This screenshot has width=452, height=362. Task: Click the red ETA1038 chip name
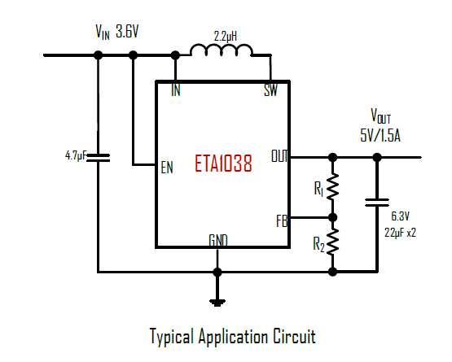tap(223, 164)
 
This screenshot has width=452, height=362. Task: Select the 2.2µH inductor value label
tap(225, 37)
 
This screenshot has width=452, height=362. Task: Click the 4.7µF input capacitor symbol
tap(99, 158)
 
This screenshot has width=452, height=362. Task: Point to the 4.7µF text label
tap(76, 156)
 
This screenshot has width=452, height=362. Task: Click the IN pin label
tap(176, 90)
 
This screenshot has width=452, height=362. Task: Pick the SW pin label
tap(270, 90)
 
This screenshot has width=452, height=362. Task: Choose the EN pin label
tap(167, 168)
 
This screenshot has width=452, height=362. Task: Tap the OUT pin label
tap(279, 156)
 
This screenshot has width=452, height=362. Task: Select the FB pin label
tap(282, 221)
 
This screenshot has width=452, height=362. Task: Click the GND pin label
tap(218, 241)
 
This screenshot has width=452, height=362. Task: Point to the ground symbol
tap(217, 303)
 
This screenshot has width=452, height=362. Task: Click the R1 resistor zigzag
tap(332, 186)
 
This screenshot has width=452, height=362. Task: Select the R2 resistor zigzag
tap(332, 242)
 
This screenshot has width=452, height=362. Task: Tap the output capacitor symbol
tap(377, 203)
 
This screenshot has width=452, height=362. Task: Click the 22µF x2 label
tap(400, 233)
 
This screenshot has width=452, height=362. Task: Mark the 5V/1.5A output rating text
tap(380, 135)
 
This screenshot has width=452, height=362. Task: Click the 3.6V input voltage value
tap(127, 32)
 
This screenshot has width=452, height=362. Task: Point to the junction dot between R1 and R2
tap(332, 217)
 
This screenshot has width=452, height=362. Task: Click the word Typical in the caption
tap(172, 336)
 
